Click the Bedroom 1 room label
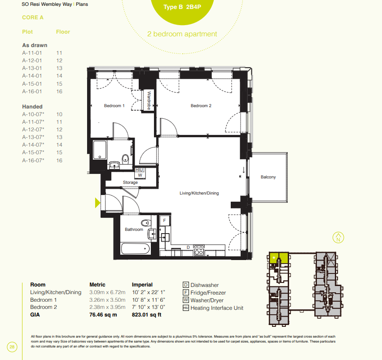114,106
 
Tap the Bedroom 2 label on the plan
201,106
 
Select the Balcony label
268,177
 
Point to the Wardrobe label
149,100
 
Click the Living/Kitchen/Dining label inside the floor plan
199,193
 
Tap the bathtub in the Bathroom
136,249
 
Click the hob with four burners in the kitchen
199,251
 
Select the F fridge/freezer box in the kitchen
164,221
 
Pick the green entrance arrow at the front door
97,203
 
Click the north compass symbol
338,238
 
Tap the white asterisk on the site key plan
274,258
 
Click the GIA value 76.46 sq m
103,315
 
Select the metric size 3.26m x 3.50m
107,300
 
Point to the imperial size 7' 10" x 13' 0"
149,307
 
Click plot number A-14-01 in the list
32,76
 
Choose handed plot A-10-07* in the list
33,114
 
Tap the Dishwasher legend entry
201,285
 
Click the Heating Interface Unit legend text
217,308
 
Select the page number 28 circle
12,347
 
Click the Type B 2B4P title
182,7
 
